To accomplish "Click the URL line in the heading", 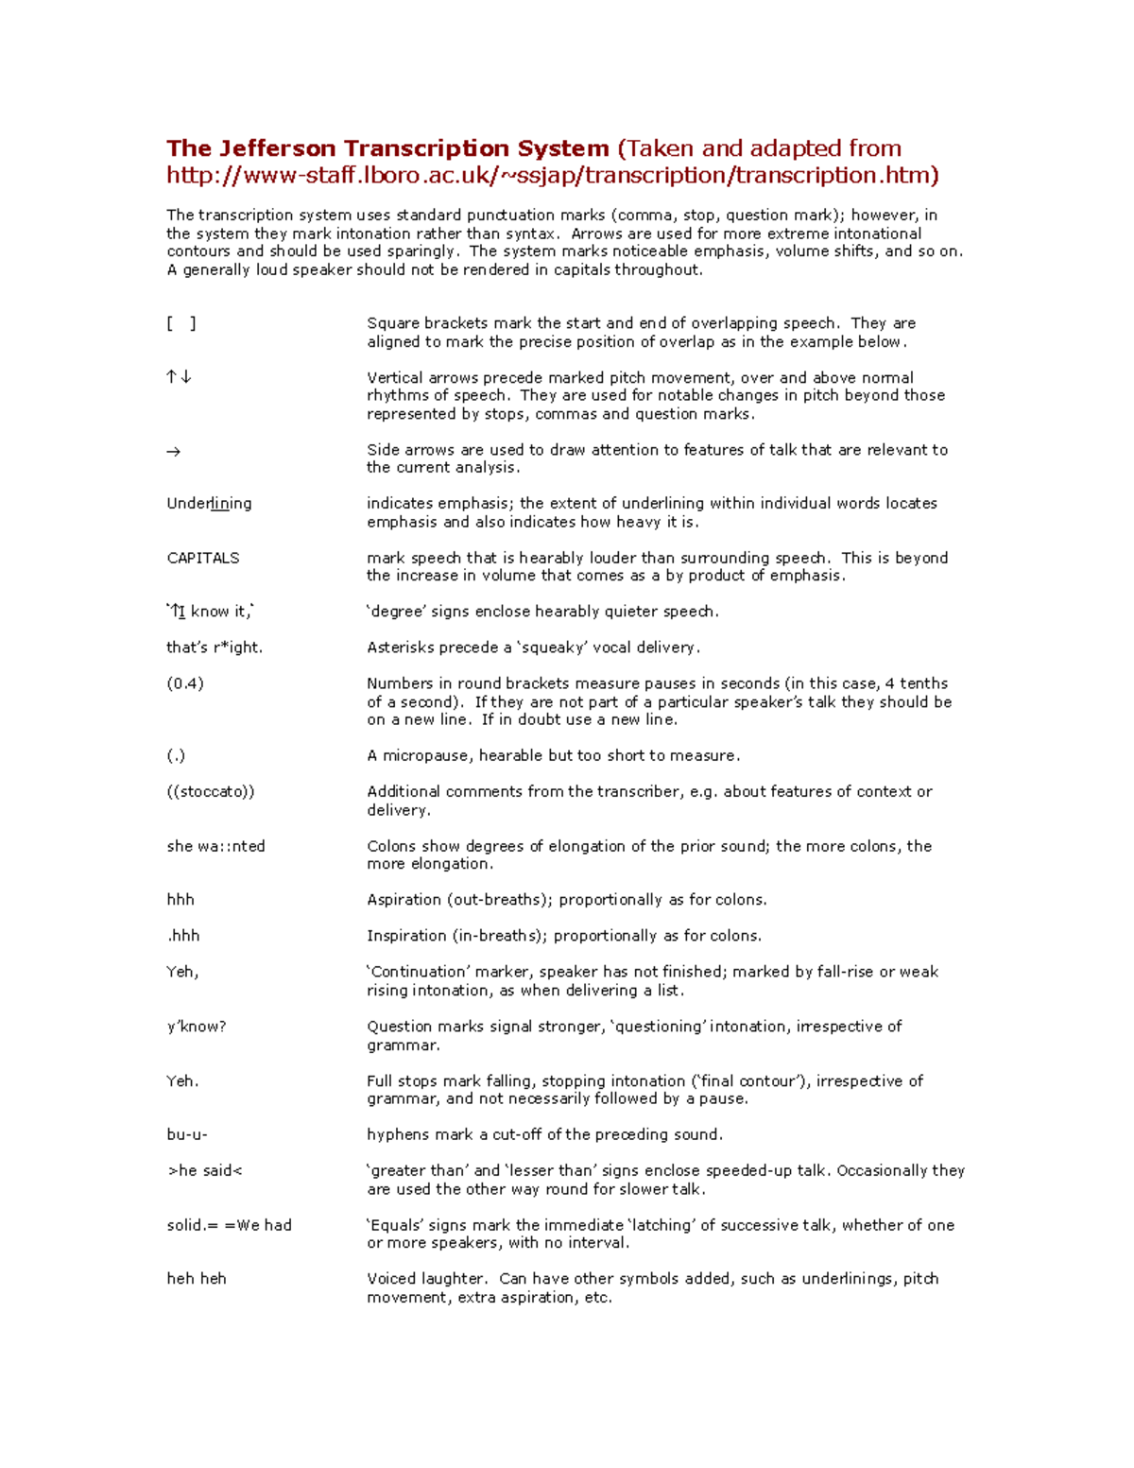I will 553,175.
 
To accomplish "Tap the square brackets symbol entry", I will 181,323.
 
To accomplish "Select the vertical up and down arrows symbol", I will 179,377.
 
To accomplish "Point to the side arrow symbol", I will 173,452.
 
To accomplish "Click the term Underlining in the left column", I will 209,504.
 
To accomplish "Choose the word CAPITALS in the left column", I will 203,558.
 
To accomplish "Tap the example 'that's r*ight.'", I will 215,648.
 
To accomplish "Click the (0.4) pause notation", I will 185,683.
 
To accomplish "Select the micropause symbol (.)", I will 176,755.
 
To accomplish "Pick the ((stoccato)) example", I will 211,791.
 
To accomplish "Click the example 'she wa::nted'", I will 215,846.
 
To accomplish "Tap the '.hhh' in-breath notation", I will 183,936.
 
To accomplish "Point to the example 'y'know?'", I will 197,1027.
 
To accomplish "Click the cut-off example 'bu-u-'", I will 187,1134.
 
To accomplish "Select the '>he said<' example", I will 205,1170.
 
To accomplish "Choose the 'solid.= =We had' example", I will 229,1225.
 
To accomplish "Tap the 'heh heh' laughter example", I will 197,1279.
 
